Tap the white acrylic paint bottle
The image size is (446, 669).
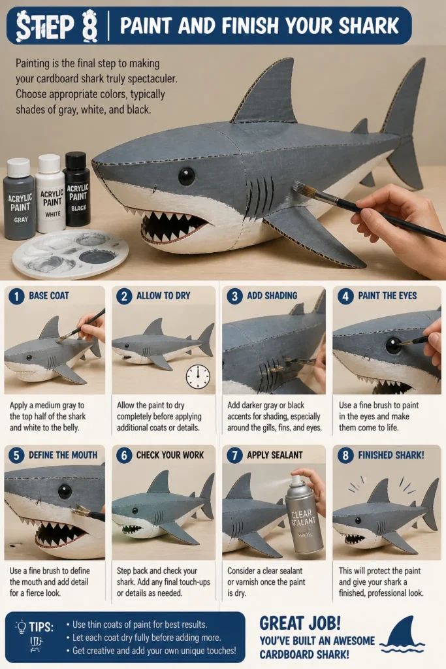click(x=50, y=193)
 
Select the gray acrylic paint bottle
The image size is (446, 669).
click(x=20, y=199)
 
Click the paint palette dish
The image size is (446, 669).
click(x=71, y=253)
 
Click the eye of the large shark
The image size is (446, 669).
click(x=186, y=176)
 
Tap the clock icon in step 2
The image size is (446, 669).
click(x=198, y=376)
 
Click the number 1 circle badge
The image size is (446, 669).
click(x=16, y=296)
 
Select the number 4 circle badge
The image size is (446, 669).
click(x=345, y=296)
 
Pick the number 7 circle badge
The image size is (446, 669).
click(x=234, y=455)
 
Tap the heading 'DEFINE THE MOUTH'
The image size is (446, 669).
click(x=63, y=455)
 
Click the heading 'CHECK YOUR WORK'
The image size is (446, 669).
click(x=170, y=455)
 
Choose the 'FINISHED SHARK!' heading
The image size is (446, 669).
click(x=391, y=455)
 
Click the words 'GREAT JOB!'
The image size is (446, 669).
click(x=300, y=623)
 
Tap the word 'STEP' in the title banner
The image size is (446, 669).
click(x=44, y=26)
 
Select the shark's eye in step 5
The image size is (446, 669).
click(x=65, y=491)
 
